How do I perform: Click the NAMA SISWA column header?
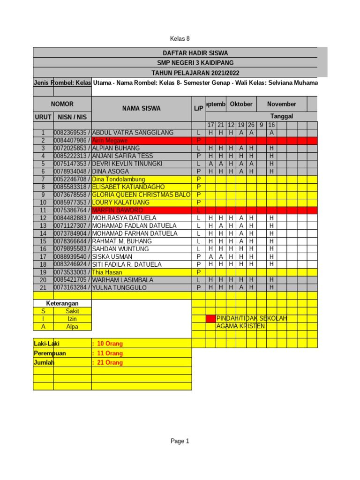(x=141, y=108)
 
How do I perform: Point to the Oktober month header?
(x=241, y=104)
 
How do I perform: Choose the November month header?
(x=281, y=104)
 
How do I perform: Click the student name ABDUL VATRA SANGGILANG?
(x=133, y=133)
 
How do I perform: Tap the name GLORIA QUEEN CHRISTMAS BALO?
(x=141, y=195)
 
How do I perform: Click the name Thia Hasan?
(x=107, y=272)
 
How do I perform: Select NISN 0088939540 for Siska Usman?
(x=72, y=256)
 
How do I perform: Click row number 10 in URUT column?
(x=43, y=202)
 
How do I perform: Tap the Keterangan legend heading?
(x=62, y=303)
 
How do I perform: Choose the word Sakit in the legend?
(x=72, y=311)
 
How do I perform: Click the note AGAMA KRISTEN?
(x=240, y=326)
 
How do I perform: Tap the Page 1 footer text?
(x=180, y=441)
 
